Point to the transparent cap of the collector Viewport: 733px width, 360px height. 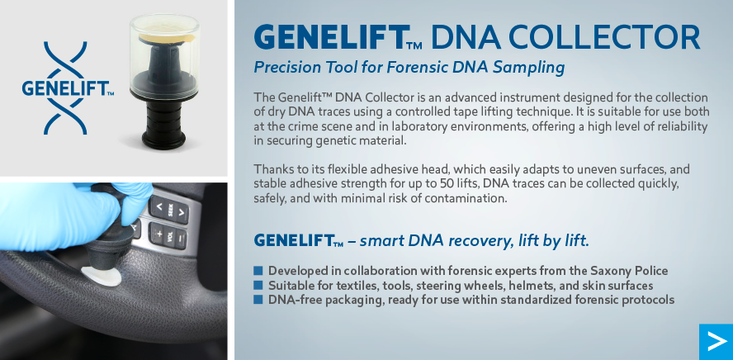164,55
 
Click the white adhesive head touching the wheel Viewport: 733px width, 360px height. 101,276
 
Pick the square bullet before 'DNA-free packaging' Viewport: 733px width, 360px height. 258,300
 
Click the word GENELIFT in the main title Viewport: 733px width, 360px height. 330,37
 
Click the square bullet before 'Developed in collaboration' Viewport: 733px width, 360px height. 258,271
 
